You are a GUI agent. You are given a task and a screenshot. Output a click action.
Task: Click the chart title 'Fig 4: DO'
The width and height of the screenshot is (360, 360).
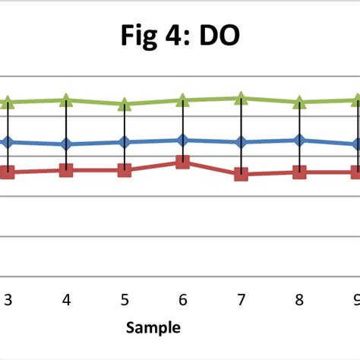coord(179,36)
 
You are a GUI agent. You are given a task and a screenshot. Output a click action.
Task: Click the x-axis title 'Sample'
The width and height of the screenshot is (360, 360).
coord(153,327)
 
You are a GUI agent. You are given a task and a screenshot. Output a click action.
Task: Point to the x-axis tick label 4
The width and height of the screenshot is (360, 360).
coord(66,300)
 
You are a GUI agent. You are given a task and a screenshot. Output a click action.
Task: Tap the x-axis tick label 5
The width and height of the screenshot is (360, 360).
coord(125,300)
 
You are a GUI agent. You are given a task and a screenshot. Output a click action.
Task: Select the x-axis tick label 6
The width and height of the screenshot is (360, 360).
coord(182,300)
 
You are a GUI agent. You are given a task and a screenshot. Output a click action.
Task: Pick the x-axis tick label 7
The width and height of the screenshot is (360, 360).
coord(241,300)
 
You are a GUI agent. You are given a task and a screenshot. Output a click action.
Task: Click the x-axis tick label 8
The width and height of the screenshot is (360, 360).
coord(299,300)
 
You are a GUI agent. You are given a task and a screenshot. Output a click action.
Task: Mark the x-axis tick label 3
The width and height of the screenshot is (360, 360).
coord(8,300)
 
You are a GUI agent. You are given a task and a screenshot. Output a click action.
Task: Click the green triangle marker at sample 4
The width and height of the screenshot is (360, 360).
coord(66,99)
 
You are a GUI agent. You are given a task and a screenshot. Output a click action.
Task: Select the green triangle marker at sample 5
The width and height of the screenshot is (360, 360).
coord(125,104)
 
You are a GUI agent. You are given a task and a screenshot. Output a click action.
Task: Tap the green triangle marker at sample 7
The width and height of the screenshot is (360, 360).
coord(241,97)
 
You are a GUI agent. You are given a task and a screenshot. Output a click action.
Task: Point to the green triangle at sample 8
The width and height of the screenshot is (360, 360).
coord(299,102)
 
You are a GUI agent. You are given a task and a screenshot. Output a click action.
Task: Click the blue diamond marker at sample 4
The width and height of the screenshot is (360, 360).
coord(66,144)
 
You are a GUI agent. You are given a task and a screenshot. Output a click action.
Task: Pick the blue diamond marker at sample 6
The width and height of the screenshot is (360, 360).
coord(182,140)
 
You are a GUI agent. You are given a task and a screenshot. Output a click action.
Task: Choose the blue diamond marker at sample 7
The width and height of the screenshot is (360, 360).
coord(241,142)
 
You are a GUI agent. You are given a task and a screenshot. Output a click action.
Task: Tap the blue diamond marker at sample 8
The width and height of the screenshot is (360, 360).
coord(299,140)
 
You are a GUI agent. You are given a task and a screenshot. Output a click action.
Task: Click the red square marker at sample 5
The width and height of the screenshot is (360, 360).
coord(125,170)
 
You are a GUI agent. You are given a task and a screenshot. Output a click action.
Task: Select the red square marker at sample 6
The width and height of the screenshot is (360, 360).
coord(182,162)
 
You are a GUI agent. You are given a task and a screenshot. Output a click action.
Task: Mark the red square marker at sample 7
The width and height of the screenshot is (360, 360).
coord(241,174)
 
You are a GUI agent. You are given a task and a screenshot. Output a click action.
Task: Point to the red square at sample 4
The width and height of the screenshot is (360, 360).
coord(66,170)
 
